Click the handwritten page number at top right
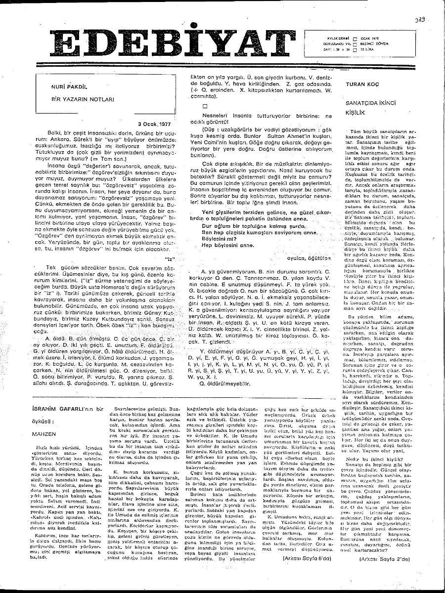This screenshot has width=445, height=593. click(420, 20)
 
